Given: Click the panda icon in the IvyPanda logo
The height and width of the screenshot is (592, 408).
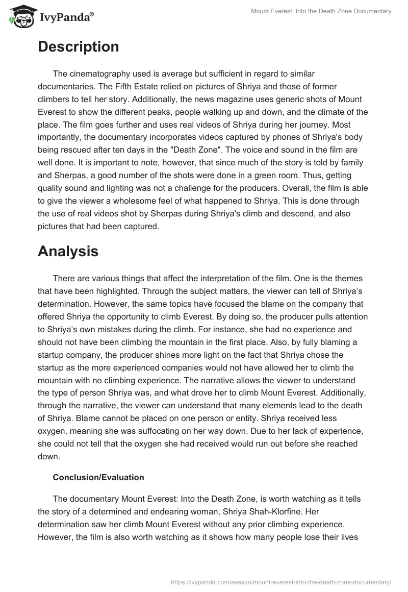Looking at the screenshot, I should [x=20, y=17].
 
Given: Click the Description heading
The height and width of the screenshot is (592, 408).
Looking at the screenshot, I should [x=78, y=46].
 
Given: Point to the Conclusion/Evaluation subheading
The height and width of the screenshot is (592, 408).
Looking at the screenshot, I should [x=98, y=477].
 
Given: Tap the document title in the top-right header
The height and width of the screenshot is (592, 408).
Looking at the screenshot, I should [x=321, y=11].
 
